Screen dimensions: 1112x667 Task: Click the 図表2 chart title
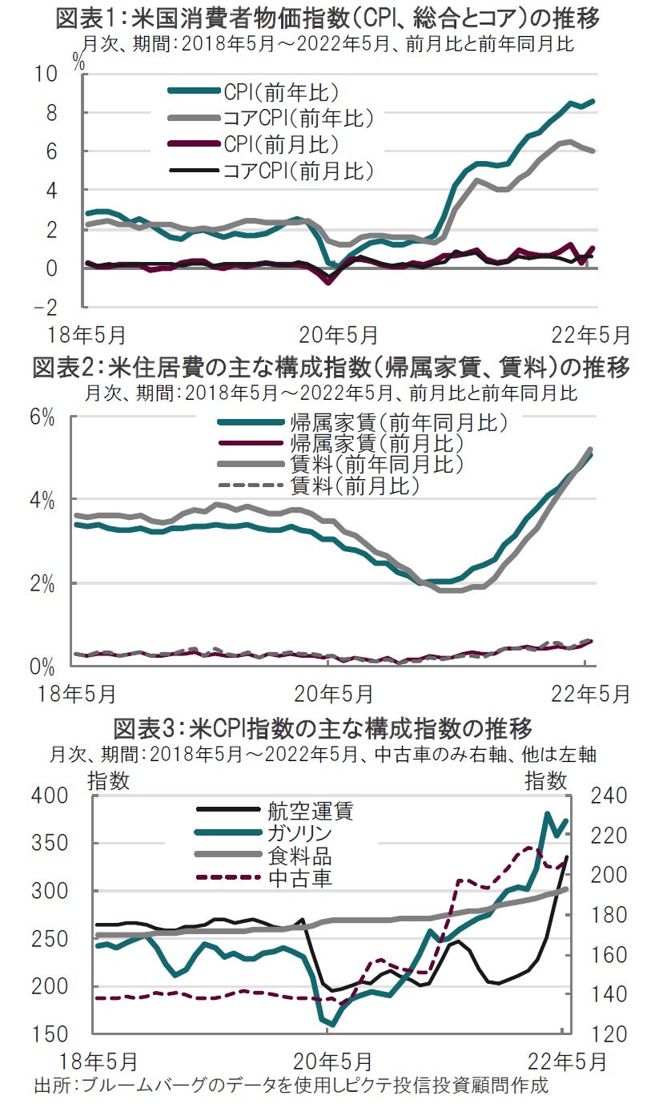coord(333,369)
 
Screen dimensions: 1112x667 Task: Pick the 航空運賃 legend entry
coord(299,812)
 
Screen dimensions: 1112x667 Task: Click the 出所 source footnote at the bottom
coord(291,1087)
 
